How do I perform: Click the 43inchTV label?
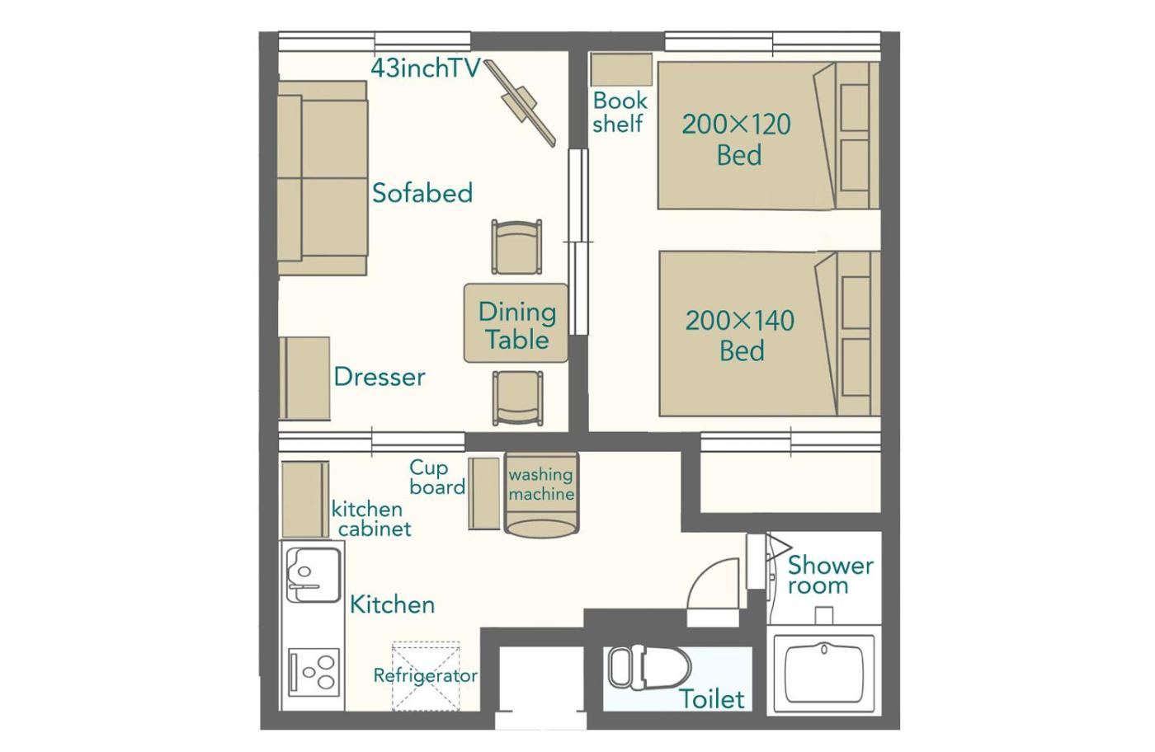426,68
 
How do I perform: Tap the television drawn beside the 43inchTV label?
521,103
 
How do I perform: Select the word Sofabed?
422,193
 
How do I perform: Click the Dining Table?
516,323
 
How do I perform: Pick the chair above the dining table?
516,247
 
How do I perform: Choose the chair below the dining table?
518,398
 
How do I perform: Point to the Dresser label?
379,377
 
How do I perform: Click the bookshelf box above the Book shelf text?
621,69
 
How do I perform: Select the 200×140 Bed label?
741,336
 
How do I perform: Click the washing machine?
541,495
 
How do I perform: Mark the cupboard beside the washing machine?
484,494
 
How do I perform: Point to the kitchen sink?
313,575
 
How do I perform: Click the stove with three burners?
313,671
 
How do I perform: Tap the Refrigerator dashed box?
426,675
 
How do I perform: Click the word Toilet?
713,699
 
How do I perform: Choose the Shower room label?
830,576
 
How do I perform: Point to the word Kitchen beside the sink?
393,604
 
